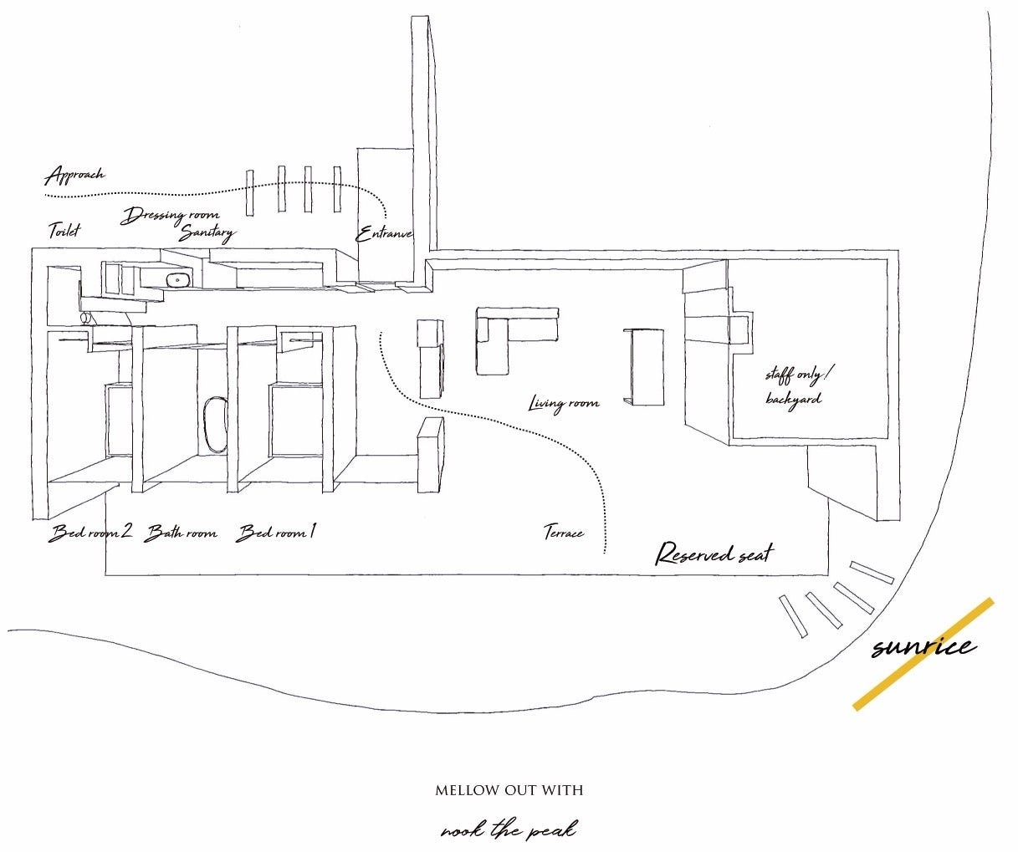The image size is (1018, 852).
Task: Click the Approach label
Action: pos(74,176)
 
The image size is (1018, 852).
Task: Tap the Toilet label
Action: pos(64,230)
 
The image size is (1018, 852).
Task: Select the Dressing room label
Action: pos(171,217)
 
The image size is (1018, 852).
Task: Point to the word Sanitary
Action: pos(207,233)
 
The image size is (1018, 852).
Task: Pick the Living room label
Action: pos(564,404)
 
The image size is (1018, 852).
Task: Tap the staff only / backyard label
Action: pos(794,386)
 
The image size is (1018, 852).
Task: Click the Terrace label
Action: pos(563,532)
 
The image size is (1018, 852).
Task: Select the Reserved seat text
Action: pos(714,554)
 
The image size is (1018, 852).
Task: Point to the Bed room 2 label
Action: pos(91,533)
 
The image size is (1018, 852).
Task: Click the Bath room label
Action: pos(181,533)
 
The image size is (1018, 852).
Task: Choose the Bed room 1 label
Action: pos(276,533)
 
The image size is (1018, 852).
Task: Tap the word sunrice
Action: pos(922,646)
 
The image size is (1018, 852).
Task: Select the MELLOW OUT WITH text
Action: pos(509,790)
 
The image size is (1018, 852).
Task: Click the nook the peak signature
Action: pos(509,830)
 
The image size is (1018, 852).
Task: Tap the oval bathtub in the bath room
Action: pos(215,424)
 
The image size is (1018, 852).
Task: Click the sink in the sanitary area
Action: pos(177,280)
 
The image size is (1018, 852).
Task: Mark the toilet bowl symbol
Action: pos(84,318)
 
